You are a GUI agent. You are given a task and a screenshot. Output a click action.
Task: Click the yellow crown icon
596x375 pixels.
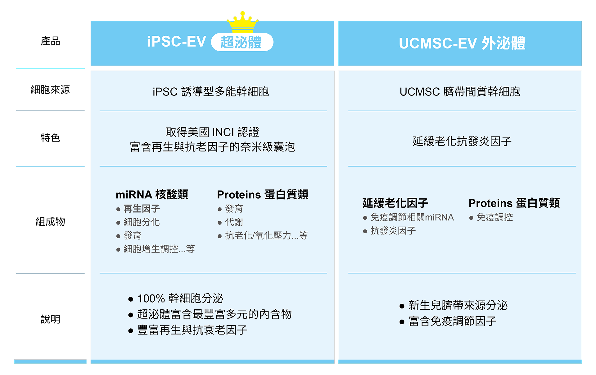(242, 22)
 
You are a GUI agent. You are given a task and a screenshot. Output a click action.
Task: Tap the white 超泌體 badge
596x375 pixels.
(242, 42)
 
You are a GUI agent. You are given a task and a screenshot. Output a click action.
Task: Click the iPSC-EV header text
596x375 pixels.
(177, 42)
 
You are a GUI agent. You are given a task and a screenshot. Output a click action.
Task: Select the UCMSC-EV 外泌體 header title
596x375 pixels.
(462, 43)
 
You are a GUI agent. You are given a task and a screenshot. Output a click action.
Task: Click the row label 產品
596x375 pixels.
(50, 41)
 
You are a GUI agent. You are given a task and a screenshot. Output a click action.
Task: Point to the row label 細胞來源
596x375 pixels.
(50, 90)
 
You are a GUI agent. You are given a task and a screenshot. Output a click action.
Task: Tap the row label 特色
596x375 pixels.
(50, 138)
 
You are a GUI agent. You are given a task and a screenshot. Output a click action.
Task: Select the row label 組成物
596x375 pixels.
(50, 222)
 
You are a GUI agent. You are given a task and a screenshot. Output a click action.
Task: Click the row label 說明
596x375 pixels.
(50, 319)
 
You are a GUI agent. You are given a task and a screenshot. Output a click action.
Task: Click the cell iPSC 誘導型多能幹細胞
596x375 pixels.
(211, 92)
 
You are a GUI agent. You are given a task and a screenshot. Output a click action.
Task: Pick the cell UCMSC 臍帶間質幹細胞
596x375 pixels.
(460, 92)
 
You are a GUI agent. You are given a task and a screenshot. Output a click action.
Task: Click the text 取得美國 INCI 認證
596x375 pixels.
(212, 132)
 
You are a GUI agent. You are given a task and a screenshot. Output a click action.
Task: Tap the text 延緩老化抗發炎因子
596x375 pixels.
(462, 141)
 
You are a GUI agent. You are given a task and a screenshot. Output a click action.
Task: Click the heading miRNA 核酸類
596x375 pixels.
(152, 194)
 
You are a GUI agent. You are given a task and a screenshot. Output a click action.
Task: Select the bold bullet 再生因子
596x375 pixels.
(142, 209)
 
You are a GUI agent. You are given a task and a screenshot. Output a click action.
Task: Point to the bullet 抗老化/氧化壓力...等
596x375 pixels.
(266, 235)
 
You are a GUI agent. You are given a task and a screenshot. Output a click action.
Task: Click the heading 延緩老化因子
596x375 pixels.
(395, 203)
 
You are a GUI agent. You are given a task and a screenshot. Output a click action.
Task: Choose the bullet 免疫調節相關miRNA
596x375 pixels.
(412, 217)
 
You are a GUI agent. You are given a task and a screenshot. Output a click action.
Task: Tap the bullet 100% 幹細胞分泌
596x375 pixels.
(180, 299)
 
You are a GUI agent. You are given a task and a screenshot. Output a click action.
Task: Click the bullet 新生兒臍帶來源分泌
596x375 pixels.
(458, 305)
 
